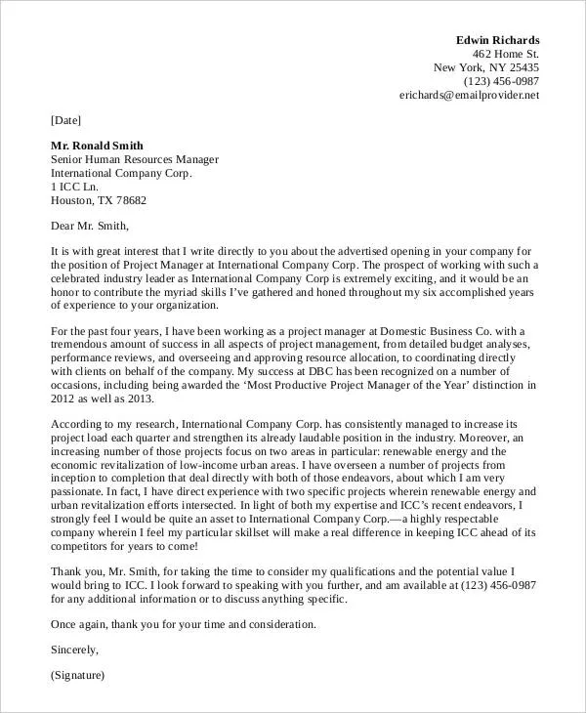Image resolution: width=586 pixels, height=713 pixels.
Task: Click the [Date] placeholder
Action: (66, 121)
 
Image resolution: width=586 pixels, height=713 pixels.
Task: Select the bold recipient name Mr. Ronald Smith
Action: (98, 144)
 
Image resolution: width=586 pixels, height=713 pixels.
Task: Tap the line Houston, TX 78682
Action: (99, 201)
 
